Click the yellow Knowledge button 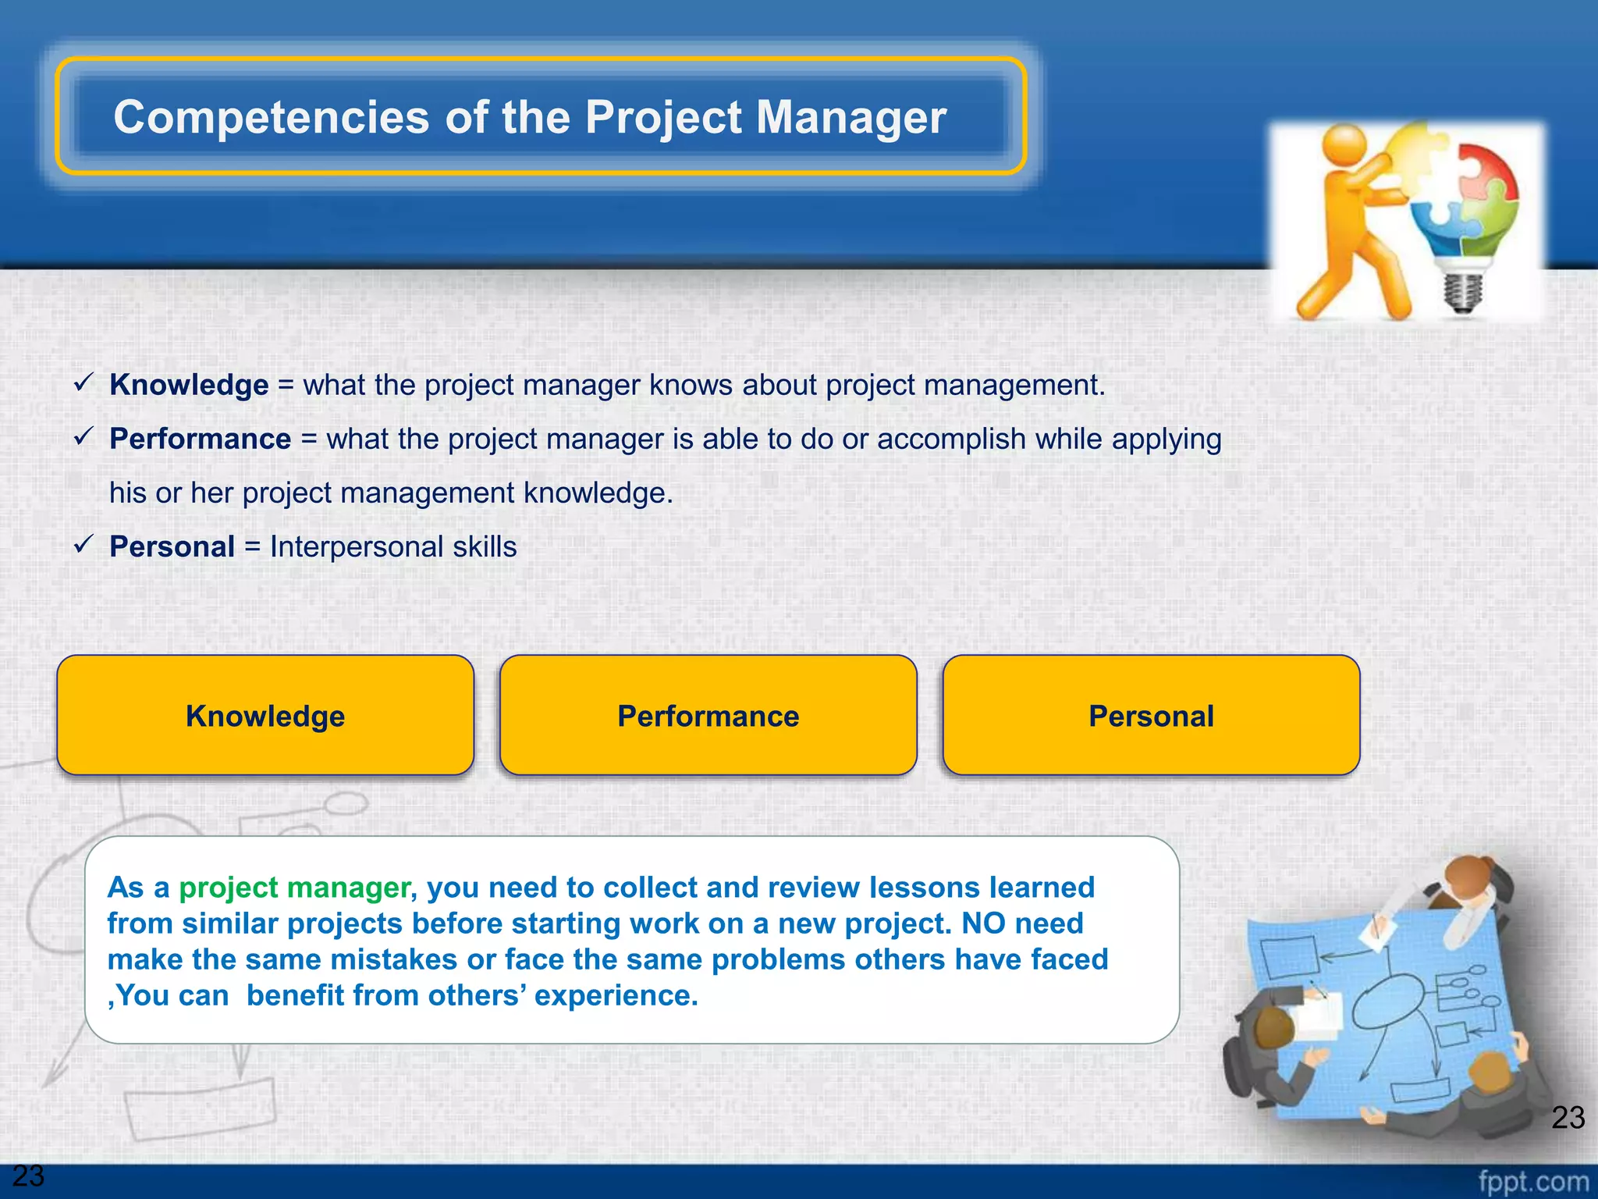tap(265, 716)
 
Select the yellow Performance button tap(708, 716)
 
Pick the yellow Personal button tap(1151, 716)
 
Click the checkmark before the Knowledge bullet tap(83, 382)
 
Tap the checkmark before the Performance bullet tap(83, 436)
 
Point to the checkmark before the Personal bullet tap(83, 544)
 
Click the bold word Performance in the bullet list tap(200, 439)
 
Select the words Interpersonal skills tap(393, 546)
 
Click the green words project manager tap(294, 888)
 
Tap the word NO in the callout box tap(983, 923)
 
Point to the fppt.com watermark tap(1532, 1181)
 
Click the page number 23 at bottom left tap(28, 1175)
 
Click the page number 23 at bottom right tap(1568, 1117)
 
